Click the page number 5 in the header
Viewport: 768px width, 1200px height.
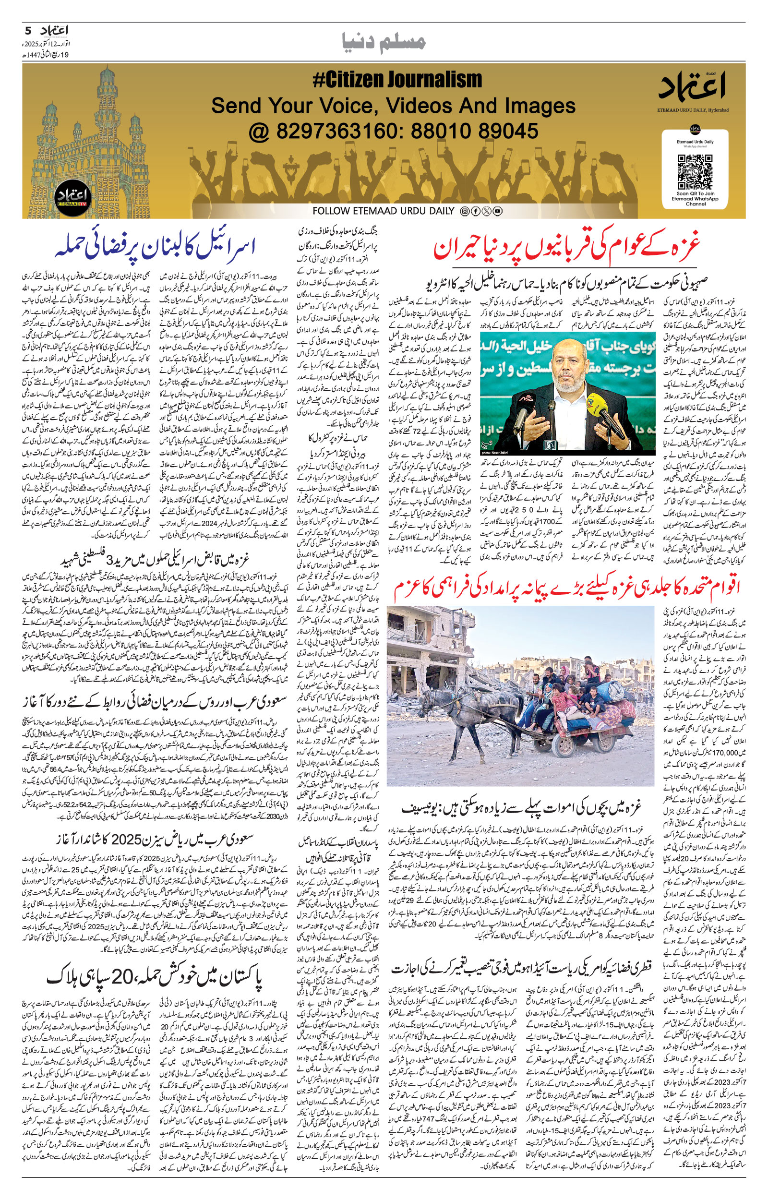tap(28, 31)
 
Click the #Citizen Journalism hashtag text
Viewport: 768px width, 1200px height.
tap(397, 80)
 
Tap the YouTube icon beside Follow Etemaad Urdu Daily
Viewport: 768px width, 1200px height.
tap(497, 211)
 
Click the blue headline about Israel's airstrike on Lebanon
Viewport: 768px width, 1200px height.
tap(156, 246)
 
